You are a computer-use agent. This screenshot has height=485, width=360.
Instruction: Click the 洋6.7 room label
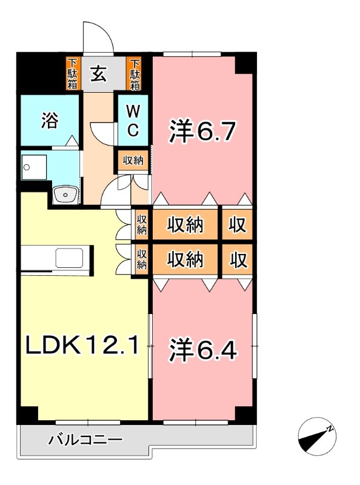tap(201, 131)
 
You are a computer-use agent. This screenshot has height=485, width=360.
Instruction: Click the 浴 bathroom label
tap(50, 121)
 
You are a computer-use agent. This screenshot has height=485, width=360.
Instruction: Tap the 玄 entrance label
tap(99, 74)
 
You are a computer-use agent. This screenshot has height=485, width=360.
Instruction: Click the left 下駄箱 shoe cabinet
tap(72, 73)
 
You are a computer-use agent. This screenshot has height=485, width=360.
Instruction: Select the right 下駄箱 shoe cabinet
tap(135, 73)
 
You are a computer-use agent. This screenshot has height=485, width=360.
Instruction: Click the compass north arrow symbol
tap(317, 435)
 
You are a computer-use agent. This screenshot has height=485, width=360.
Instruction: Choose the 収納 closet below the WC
tap(133, 161)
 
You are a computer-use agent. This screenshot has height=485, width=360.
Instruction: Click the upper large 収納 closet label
tap(185, 225)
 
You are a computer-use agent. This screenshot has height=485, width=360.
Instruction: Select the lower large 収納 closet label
tap(185, 260)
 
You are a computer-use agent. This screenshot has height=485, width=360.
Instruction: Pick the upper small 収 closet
tap(238, 225)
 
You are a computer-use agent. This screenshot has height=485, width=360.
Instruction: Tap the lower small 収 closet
tap(238, 260)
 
